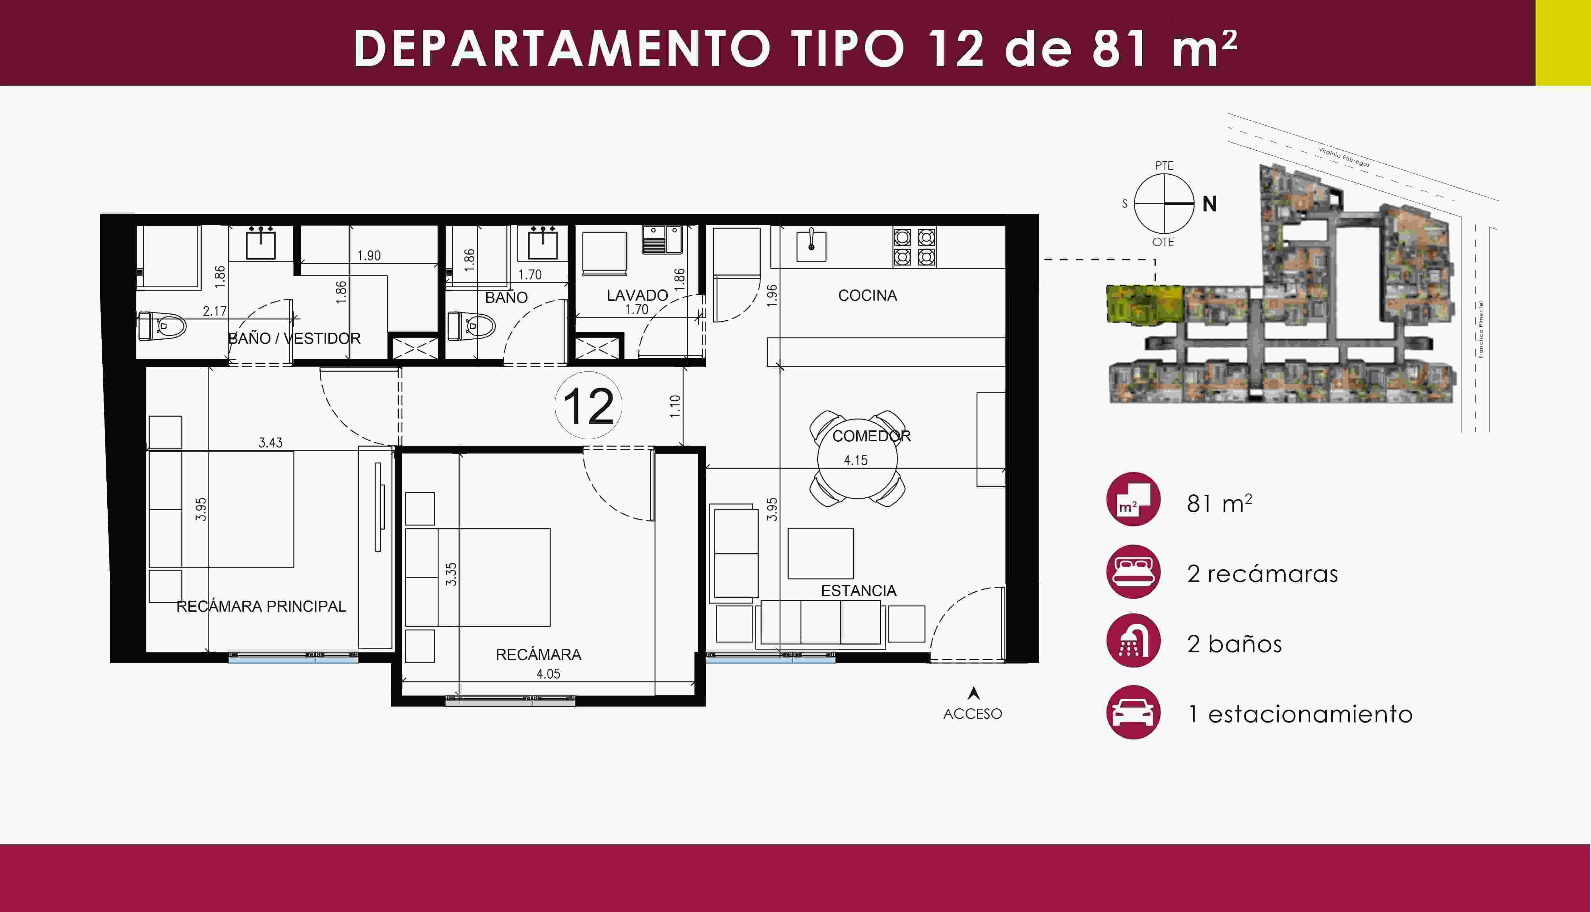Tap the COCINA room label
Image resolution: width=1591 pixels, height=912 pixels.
tap(868, 296)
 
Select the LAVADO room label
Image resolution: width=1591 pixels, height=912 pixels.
tap(637, 295)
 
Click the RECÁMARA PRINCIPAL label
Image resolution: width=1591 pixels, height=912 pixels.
tap(261, 606)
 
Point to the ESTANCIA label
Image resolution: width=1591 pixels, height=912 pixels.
tap(859, 591)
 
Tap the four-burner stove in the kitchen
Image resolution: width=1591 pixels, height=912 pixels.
tap(914, 247)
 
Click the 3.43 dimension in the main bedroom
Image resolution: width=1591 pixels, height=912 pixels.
tap(270, 443)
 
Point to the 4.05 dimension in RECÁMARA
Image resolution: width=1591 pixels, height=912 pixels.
tap(548, 674)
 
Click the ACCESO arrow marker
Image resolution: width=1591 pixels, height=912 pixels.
tap(973, 693)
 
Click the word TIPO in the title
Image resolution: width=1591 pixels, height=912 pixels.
tap(848, 49)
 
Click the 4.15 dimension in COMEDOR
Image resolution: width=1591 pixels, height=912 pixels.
tap(856, 460)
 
